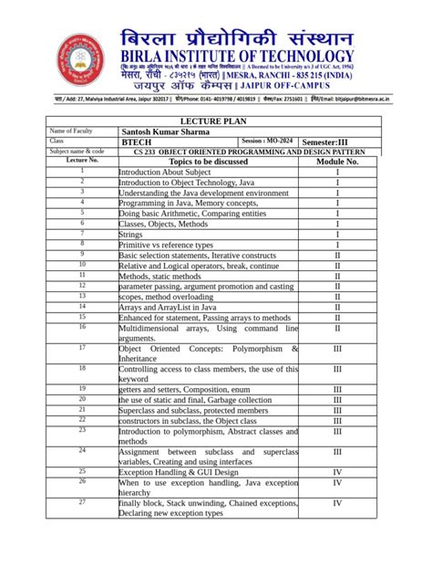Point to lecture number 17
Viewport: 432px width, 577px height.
(x=81, y=348)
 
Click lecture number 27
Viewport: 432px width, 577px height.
(x=81, y=502)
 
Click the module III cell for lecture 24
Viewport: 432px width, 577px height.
(x=337, y=451)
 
